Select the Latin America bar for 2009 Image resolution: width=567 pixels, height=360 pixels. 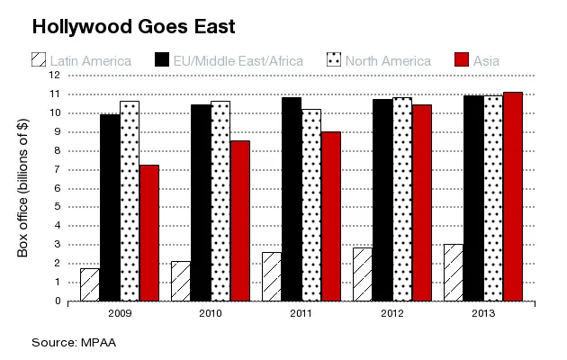(90, 284)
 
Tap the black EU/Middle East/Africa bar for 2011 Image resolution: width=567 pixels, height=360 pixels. (292, 199)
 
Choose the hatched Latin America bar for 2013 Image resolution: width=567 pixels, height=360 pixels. (454, 272)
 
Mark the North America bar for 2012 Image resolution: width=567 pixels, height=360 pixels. (401, 199)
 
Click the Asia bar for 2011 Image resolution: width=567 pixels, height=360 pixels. (330, 216)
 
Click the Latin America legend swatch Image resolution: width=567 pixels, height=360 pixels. (39, 60)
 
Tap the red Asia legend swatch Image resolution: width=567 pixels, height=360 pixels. (462, 60)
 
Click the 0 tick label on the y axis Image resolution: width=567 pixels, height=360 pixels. (57, 301)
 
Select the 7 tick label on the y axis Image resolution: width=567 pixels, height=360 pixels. (57, 169)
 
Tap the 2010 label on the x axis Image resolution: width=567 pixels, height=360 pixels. (211, 314)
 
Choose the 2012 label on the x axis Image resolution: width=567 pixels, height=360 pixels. (392, 314)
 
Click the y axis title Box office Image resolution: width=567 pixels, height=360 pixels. (23, 188)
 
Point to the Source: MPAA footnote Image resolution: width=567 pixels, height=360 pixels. (74, 342)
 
